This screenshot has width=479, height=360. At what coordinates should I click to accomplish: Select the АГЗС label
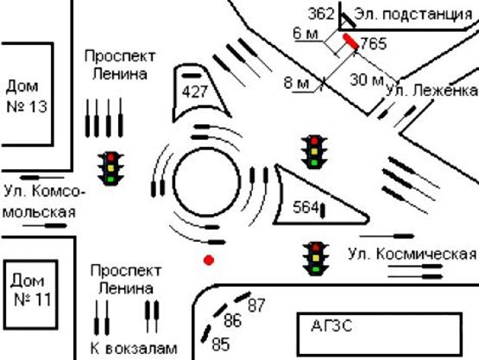[x=332, y=326]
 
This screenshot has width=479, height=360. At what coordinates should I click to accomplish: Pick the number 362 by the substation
[x=320, y=14]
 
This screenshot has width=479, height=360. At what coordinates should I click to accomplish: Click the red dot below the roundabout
[x=208, y=259]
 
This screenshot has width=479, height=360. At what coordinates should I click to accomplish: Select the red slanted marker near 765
[x=350, y=42]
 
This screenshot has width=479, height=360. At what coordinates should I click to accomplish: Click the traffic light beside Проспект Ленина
[x=111, y=167]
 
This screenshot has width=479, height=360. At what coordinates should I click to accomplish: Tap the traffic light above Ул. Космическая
[x=315, y=258]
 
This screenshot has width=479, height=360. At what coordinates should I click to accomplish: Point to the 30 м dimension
[x=368, y=81]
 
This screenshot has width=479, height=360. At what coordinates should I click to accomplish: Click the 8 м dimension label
[x=296, y=83]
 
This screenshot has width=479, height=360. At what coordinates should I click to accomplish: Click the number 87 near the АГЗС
[x=256, y=305]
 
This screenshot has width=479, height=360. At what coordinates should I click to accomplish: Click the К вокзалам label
[x=134, y=349]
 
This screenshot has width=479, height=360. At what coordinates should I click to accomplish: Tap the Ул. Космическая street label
[x=412, y=254]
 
